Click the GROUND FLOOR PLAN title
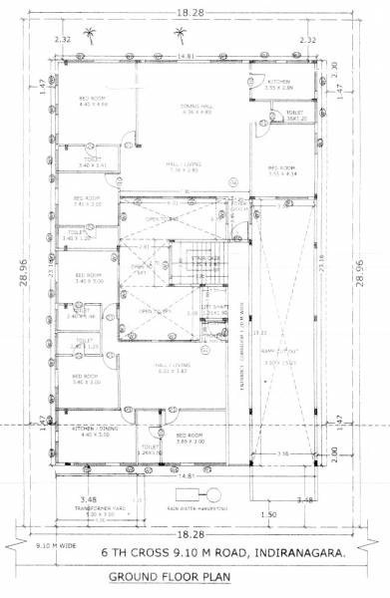click(195, 579)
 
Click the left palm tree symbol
click(93, 36)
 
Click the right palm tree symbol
click(181, 36)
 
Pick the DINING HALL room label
click(182, 107)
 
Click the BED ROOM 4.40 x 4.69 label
click(93, 100)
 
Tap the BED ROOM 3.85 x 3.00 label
click(190, 438)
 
